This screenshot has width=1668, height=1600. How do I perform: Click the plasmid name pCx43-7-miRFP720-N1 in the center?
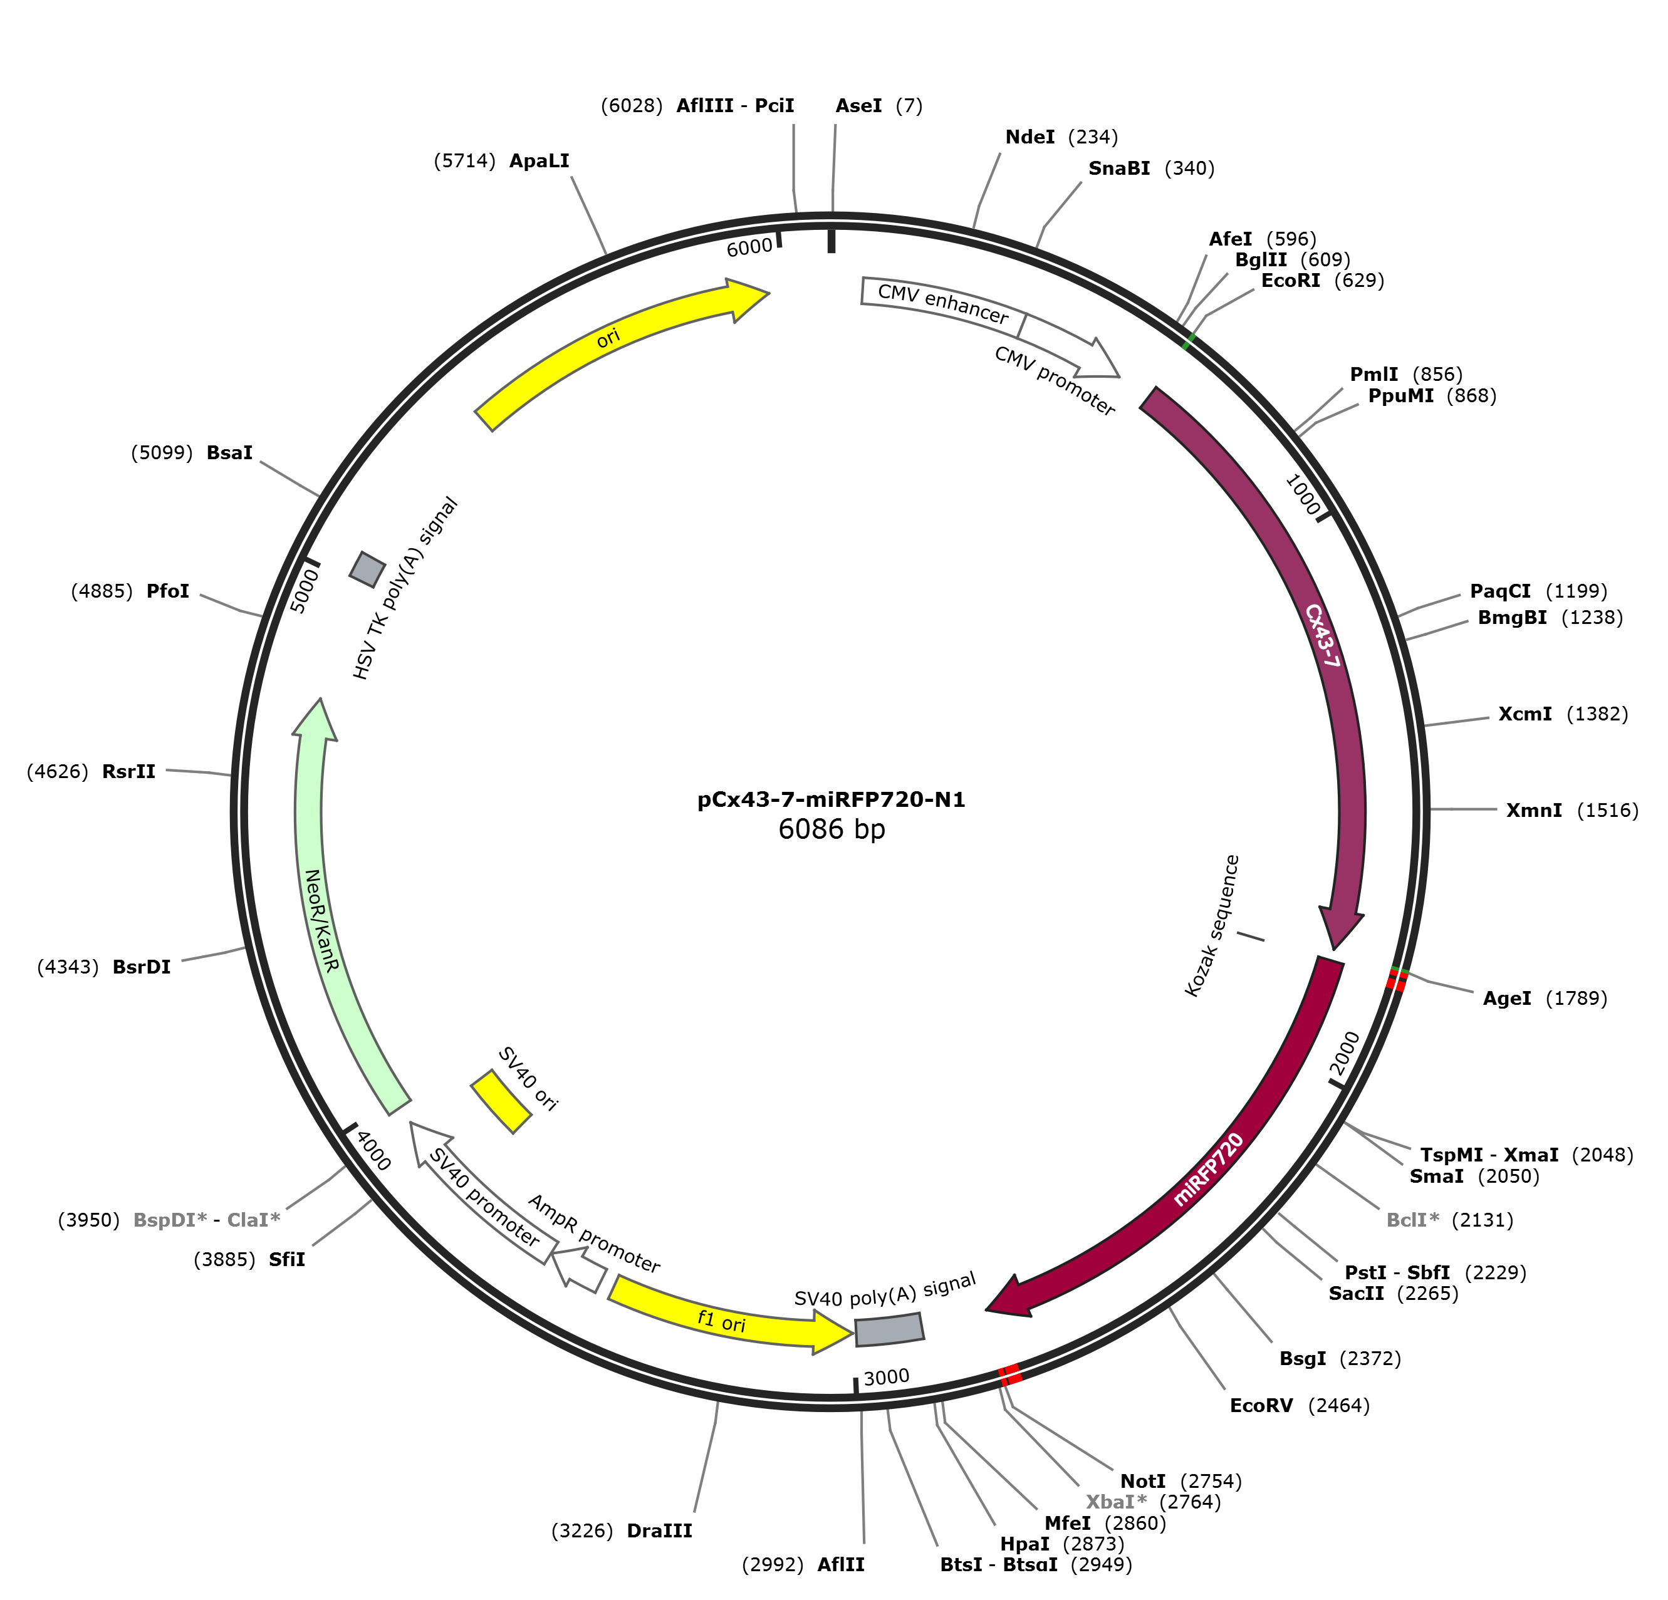pyautogui.click(x=831, y=800)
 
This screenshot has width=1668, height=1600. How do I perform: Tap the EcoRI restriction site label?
pyautogui.click(x=1290, y=281)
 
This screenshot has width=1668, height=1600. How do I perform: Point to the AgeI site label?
pyautogui.click(x=1506, y=999)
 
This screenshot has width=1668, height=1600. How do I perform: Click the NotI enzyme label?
pyautogui.click(x=1142, y=1482)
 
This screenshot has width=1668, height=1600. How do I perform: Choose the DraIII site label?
pyautogui.click(x=660, y=1531)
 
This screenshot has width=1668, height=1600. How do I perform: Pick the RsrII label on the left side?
pyautogui.click(x=128, y=772)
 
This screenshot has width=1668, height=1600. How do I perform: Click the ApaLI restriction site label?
pyautogui.click(x=539, y=161)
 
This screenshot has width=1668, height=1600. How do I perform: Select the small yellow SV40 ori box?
pyautogui.click(x=501, y=1101)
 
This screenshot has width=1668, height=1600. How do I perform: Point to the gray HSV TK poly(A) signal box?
pyautogui.click(x=368, y=569)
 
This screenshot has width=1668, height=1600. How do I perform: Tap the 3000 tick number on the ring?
pyautogui.click(x=886, y=1377)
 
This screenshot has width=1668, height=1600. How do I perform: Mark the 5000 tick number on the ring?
pyautogui.click(x=304, y=591)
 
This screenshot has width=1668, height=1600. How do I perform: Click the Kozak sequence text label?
pyautogui.click(x=1212, y=926)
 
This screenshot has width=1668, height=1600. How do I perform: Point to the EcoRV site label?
pyautogui.click(x=1261, y=1405)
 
